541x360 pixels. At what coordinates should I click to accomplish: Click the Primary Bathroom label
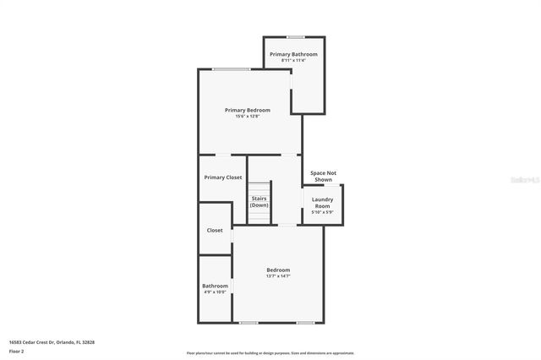click(293, 54)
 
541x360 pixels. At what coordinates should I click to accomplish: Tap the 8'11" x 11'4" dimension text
click(293, 60)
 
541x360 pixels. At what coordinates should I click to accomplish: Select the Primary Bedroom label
click(247, 110)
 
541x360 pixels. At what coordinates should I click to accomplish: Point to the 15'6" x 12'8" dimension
click(247, 116)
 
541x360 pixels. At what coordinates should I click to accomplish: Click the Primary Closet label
click(223, 177)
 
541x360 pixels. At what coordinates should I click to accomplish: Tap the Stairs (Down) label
click(260, 201)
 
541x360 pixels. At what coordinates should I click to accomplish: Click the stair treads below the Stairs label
click(260, 216)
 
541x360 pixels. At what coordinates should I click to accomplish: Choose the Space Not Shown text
click(323, 176)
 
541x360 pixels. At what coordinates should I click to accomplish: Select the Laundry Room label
click(322, 203)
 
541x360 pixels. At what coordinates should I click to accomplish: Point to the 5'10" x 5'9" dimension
click(322, 212)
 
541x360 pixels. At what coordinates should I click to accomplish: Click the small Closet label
click(215, 230)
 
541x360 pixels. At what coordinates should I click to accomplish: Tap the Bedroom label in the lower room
click(278, 270)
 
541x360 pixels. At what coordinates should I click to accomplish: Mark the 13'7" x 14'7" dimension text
click(278, 276)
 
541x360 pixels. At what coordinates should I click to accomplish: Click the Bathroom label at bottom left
click(215, 286)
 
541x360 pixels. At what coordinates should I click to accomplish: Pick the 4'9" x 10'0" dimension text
click(215, 292)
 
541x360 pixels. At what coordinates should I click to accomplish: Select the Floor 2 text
click(17, 351)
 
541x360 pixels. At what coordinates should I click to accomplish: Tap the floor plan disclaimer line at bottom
click(270, 353)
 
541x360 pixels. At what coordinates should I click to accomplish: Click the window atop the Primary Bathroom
click(296, 37)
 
